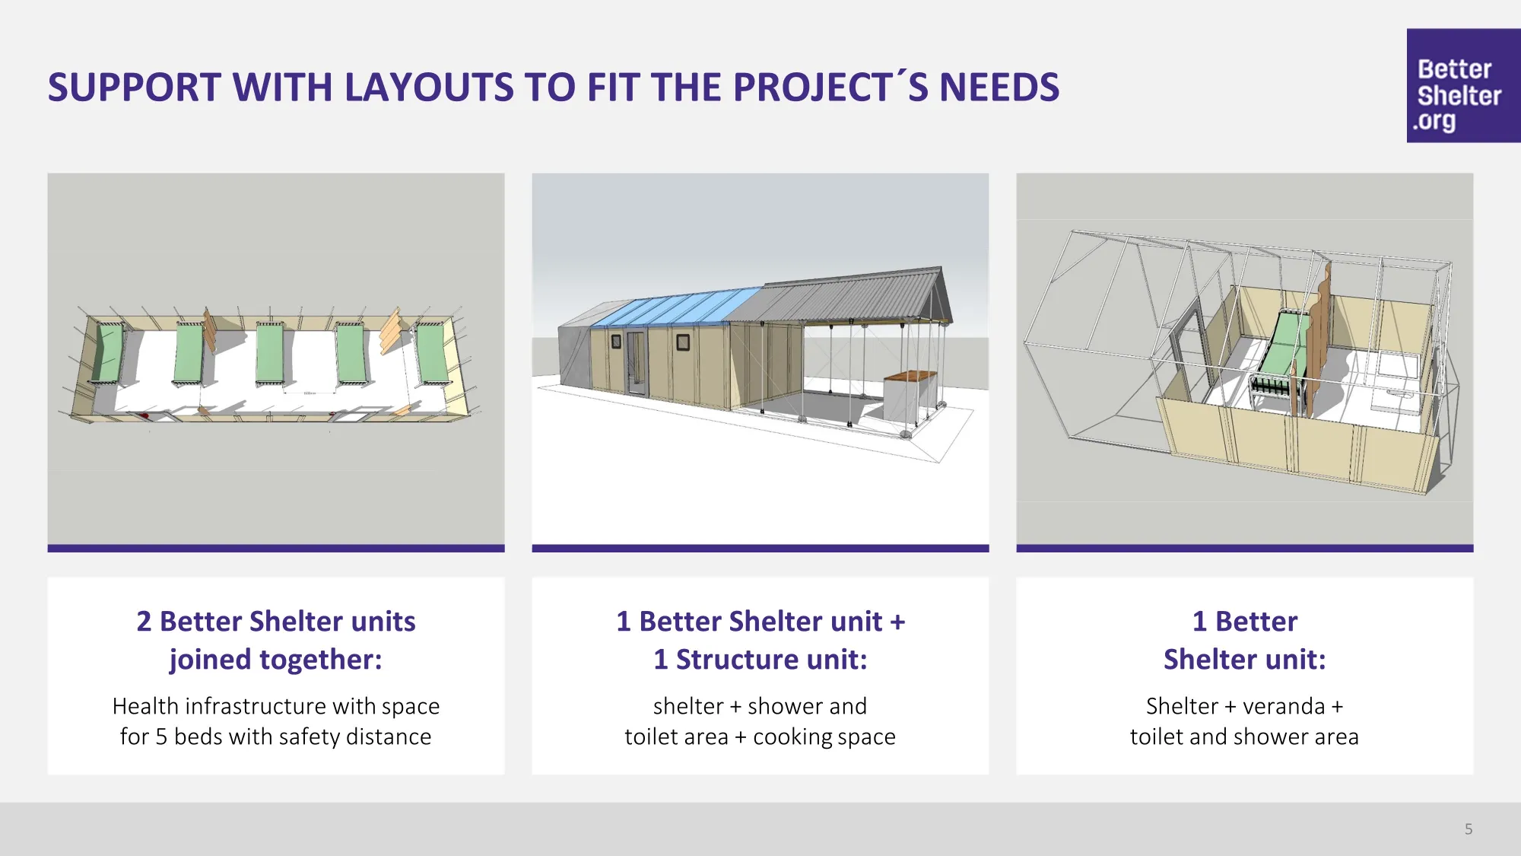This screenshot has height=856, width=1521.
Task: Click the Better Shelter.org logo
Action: [x=1463, y=85]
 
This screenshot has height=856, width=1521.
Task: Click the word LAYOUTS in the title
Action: [x=429, y=88]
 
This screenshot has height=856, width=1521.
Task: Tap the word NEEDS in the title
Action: [x=999, y=88]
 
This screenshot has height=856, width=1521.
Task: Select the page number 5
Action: [x=1469, y=829]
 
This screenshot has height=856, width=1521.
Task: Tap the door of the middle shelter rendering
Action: [x=636, y=363]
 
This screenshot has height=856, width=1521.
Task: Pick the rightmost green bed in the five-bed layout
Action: [x=432, y=352]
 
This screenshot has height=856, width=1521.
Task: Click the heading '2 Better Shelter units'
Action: [x=276, y=622]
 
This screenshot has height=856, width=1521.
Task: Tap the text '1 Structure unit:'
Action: [x=760, y=660]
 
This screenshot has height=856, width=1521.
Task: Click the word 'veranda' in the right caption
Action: [x=1284, y=706]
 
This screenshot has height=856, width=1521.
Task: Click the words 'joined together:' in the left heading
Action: [x=276, y=660]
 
